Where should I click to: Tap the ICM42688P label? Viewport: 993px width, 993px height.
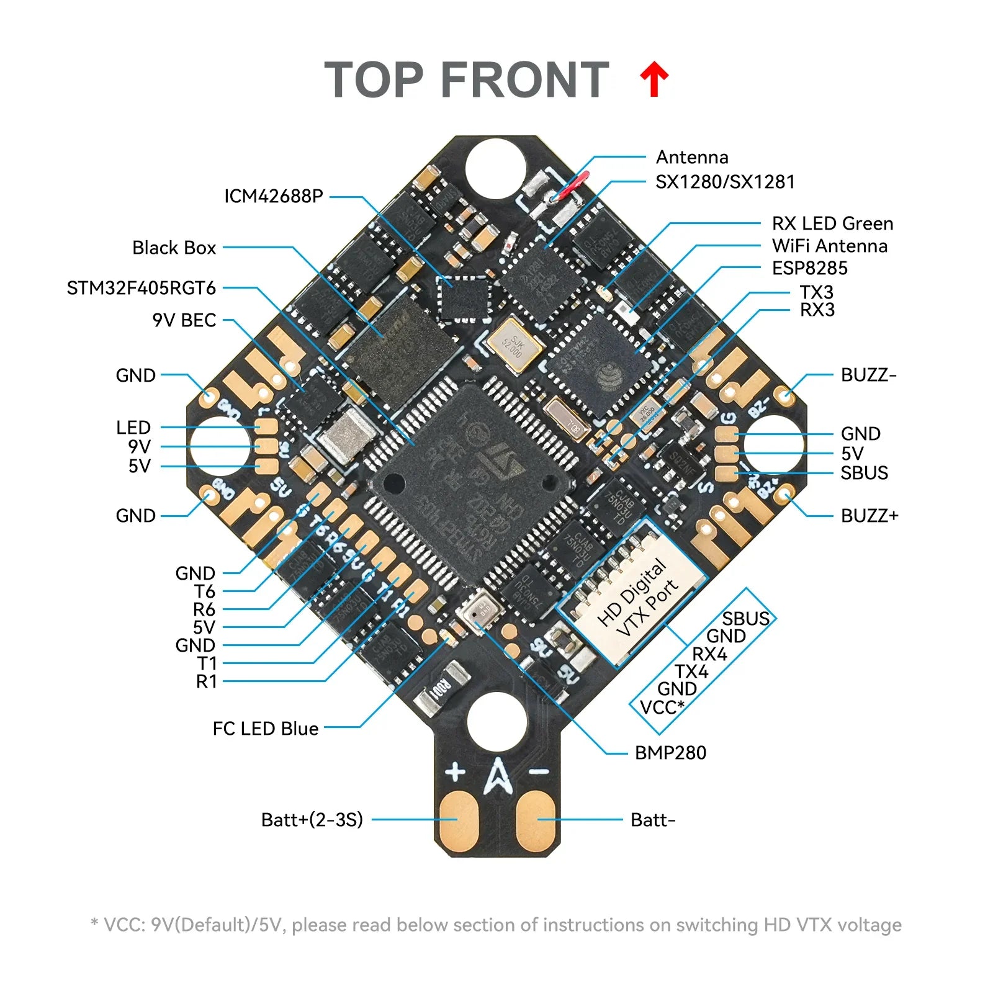273,196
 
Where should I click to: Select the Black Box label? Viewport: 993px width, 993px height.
174,248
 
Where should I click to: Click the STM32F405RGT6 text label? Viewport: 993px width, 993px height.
141,288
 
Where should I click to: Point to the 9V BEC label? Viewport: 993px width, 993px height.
184,320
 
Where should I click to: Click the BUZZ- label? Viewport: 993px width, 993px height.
868,375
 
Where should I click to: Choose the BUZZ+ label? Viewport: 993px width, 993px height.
869,516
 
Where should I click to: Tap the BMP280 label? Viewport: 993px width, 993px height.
670,753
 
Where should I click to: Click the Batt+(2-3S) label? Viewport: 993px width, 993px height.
312,820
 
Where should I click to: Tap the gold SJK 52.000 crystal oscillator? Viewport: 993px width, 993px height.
514,346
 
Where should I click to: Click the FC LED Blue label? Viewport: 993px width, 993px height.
265,729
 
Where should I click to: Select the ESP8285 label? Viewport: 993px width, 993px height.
809,268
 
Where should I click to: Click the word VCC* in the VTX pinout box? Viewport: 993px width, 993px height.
662,707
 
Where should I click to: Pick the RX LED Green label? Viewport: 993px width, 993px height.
832,223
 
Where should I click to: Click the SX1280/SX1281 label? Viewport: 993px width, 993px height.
725,182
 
